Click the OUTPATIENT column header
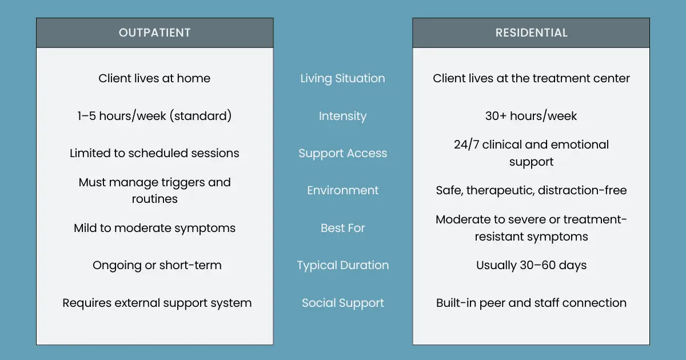[x=154, y=33]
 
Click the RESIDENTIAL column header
[x=531, y=33]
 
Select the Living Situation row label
[x=342, y=78]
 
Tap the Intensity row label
[x=342, y=116]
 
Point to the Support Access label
[x=342, y=153]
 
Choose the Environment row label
[x=342, y=190]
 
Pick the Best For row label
[x=342, y=228]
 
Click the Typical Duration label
[x=342, y=265]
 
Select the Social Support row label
[x=342, y=303]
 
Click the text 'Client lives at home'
[x=154, y=78]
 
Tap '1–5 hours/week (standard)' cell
[x=154, y=116]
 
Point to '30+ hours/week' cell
[x=531, y=116]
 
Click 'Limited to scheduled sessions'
[x=154, y=153]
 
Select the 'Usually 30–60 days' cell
[x=531, y=265]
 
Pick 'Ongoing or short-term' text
[x=157, y=265]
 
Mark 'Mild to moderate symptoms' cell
[x=154, y=228]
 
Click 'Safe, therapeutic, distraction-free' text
[x=531, y=190]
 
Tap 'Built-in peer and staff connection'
[x=531, y=303]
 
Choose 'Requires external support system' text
[x=157, y=303]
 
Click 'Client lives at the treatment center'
[x=531, y=78]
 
